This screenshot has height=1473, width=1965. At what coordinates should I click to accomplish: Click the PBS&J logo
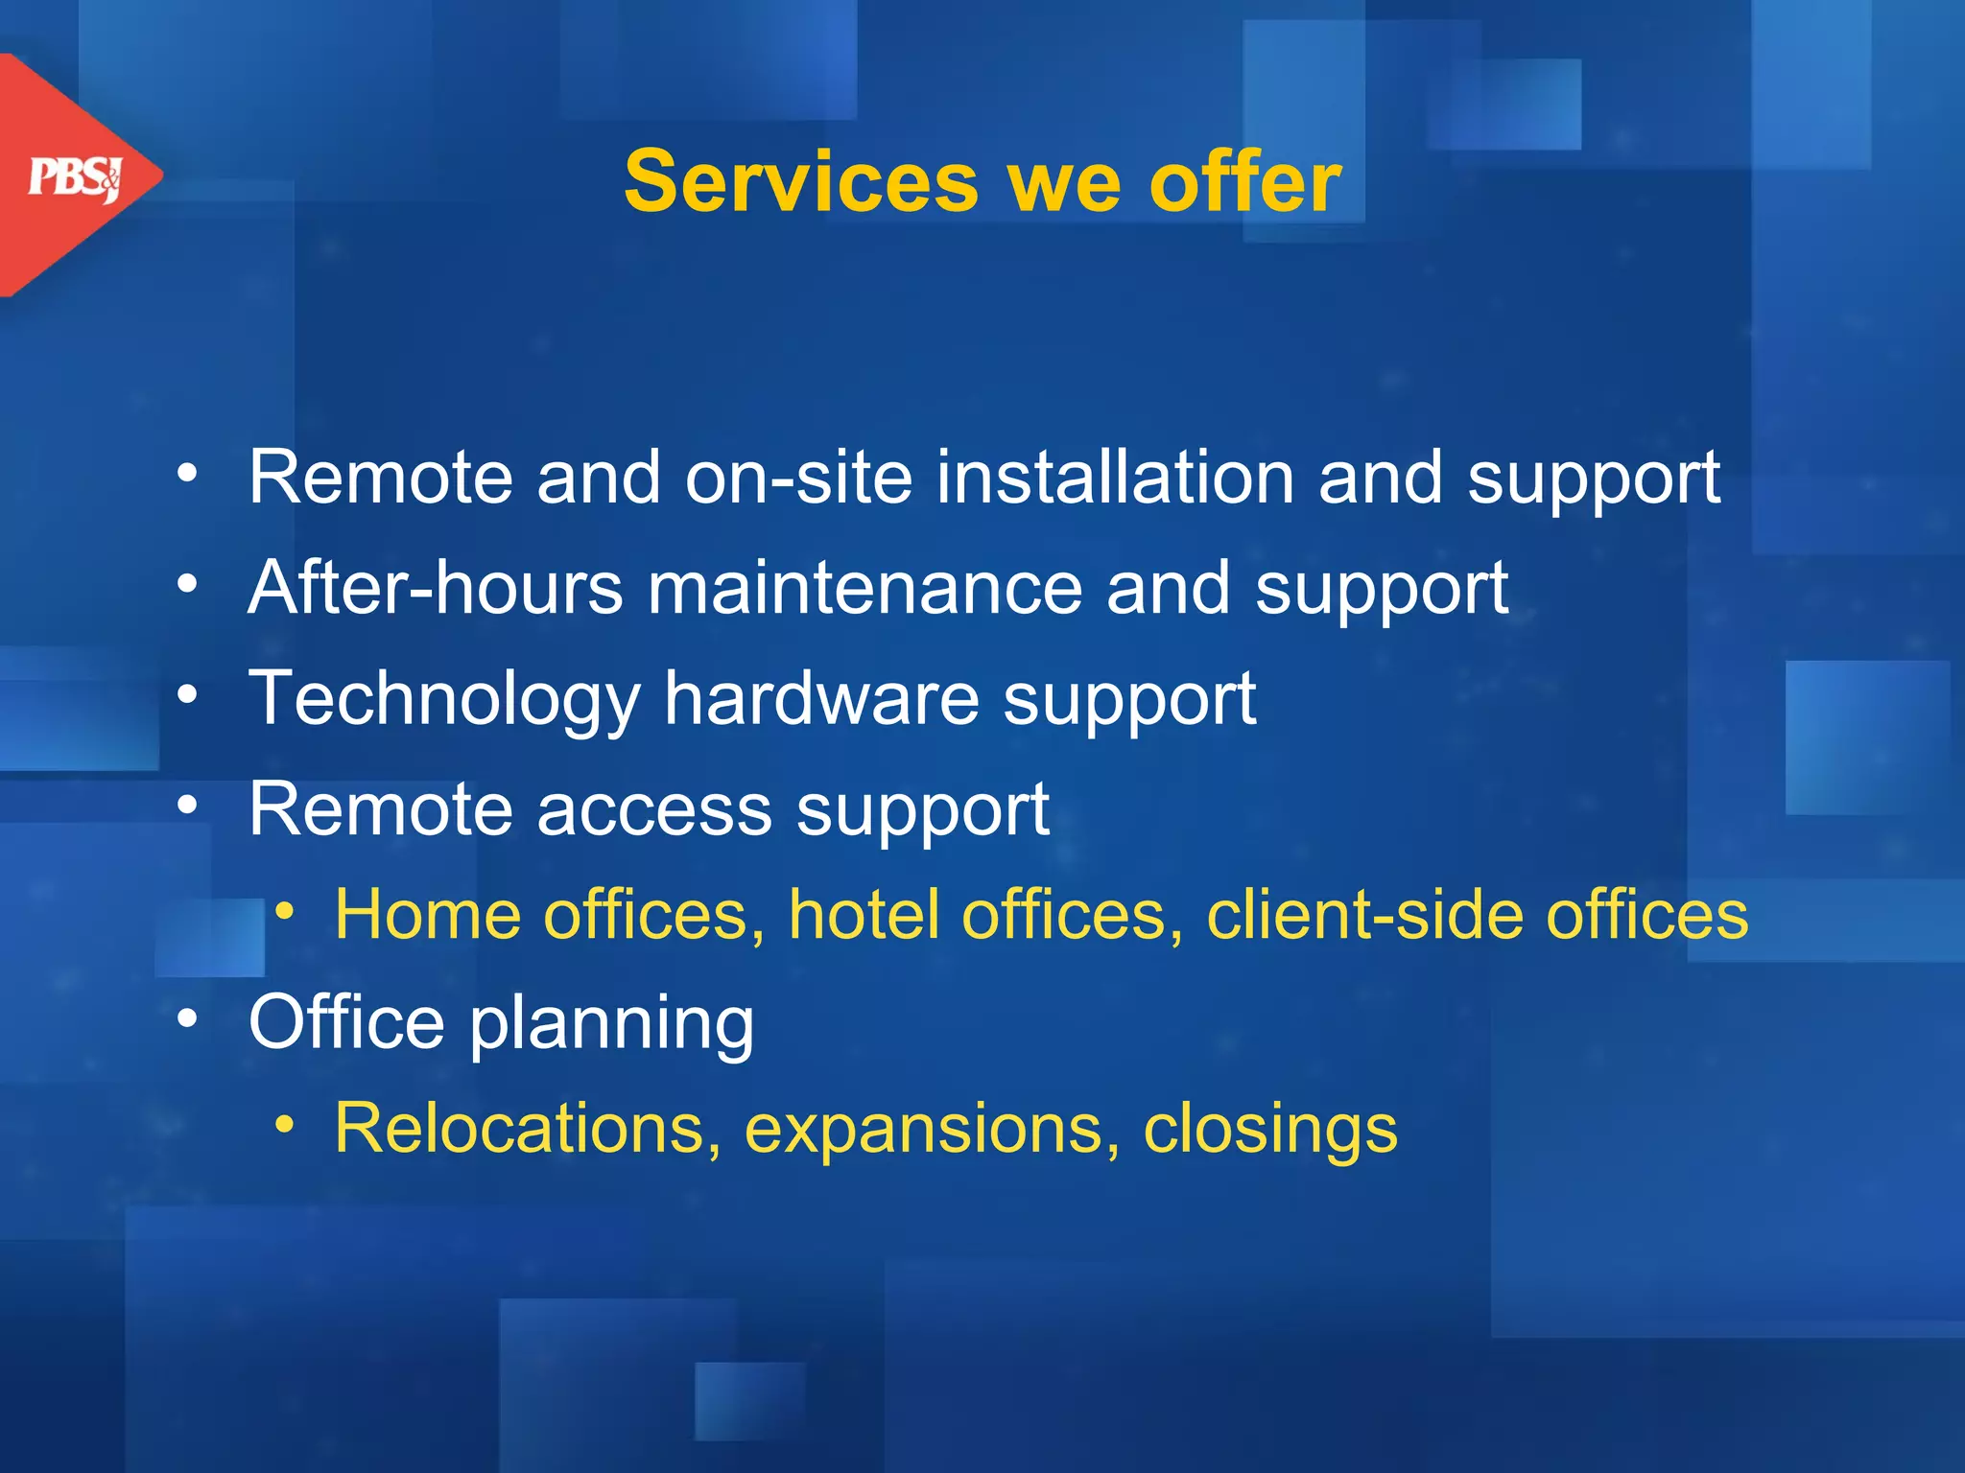(75, 177)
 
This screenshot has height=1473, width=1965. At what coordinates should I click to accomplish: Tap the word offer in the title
(1245, 181)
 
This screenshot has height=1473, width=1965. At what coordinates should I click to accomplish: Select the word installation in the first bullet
(1115, 477)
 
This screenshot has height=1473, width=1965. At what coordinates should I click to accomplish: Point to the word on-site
(798, 477)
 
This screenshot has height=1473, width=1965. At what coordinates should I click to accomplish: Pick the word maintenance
(865, 587)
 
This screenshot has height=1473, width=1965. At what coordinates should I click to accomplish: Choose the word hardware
(821, 698)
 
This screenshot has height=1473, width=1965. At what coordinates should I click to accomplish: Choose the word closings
(1270, 1130)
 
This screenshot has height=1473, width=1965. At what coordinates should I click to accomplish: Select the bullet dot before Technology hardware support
(187, 693)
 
